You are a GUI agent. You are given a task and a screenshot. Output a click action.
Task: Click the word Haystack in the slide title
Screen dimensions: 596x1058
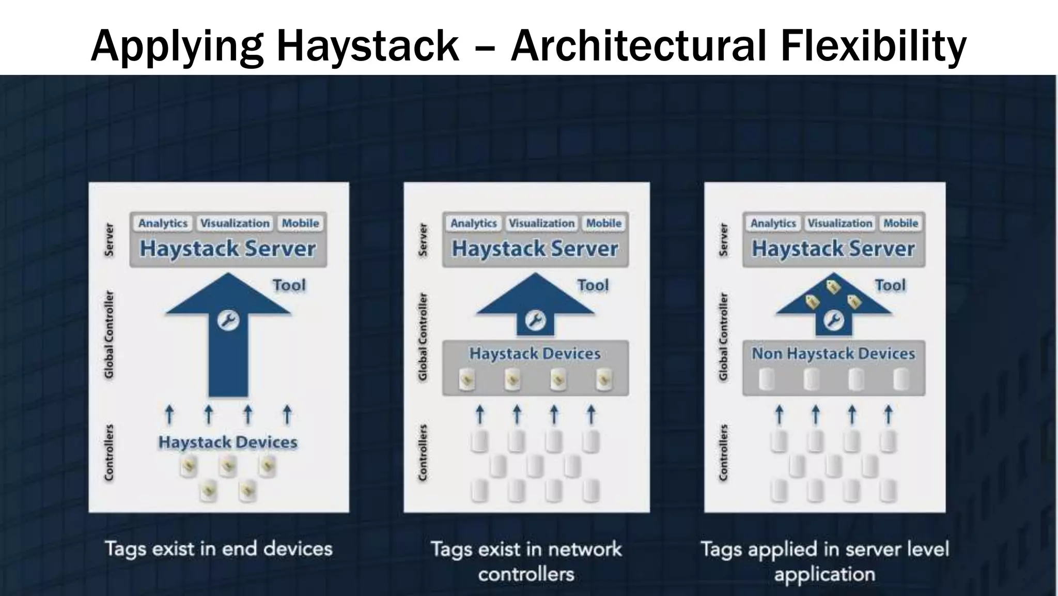coord(368,45)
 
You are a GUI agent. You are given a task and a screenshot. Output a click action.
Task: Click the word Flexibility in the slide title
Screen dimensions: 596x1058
coord(873,45)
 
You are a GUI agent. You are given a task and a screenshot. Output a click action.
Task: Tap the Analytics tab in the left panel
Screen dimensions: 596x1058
coord(163,223)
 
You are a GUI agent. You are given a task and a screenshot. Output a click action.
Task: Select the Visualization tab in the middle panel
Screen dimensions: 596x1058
coord(541,223)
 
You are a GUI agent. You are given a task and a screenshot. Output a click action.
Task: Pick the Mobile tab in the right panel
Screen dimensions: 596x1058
coord(900,223)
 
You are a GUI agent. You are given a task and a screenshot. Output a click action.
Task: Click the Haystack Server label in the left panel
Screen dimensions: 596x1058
coord(228,249)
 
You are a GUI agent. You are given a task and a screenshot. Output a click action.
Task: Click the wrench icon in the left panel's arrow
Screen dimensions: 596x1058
coord(228,320)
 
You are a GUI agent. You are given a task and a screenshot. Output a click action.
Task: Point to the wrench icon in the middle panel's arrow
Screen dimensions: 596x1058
coord(535,320)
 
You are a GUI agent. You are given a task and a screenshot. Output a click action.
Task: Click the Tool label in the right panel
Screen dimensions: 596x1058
coord(890,285)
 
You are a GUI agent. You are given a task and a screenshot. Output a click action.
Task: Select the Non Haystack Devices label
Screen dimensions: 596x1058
coord(833,354)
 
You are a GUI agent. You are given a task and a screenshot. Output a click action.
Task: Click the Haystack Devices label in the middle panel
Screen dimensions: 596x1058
coord(535,354)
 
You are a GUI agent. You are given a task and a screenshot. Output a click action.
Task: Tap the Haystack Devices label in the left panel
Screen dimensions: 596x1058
coord(228,442)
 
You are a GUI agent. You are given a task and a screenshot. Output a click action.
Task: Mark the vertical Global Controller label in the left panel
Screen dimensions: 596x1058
coord(109,334)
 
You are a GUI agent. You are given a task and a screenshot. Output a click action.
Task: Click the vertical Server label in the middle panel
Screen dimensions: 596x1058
coord(423,239)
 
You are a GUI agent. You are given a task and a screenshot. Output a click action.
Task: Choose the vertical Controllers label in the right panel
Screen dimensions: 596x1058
coord(723,452)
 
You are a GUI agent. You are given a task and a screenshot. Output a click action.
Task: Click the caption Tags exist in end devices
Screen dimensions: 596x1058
coord(219,548)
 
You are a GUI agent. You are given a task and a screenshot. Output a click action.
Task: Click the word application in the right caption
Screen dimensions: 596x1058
coord(824,574)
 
